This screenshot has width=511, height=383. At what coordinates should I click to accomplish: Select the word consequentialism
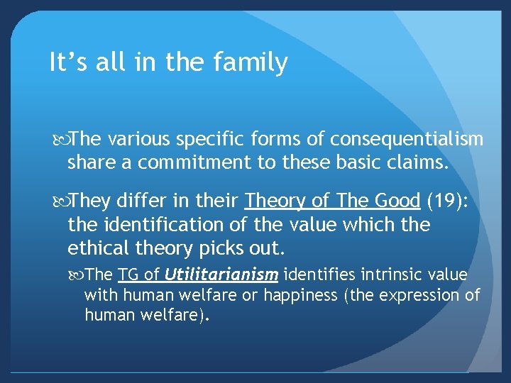click(x=407, y=139)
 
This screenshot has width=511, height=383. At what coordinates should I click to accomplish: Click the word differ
click(x=139, y=201)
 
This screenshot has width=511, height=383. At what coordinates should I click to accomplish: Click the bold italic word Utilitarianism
click(x=221, y=275)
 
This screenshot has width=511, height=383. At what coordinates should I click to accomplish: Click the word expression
click(x=411, y=294)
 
